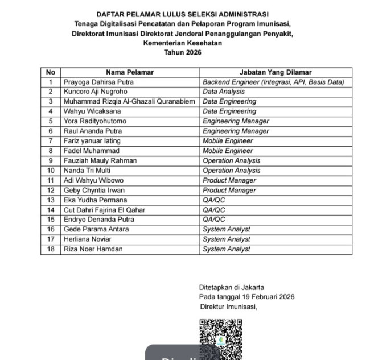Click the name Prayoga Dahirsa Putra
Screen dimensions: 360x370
click(98, 82)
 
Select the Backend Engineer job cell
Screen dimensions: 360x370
click(274, 82)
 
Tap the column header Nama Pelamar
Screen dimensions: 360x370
click(130, 72)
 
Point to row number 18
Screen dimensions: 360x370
click(51, 249)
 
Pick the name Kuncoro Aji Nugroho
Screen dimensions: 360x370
click(96, 92)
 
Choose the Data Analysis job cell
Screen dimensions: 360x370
click(224, 92)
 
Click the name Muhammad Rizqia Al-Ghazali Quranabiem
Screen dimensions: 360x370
click(129, 101)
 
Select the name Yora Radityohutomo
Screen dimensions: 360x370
click(95, 121)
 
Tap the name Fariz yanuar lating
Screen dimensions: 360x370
click(92, 140)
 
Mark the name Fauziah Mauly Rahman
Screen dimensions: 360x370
click(100, 160)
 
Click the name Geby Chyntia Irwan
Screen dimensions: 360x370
click(94, 190)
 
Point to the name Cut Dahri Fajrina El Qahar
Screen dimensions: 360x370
click(104, 210)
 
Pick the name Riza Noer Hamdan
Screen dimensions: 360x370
click(93, 249)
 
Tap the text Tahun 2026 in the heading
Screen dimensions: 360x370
click(183, 53)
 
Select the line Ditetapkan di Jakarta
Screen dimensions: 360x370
click(232, 288)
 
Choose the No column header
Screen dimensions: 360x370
click(51, 72)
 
